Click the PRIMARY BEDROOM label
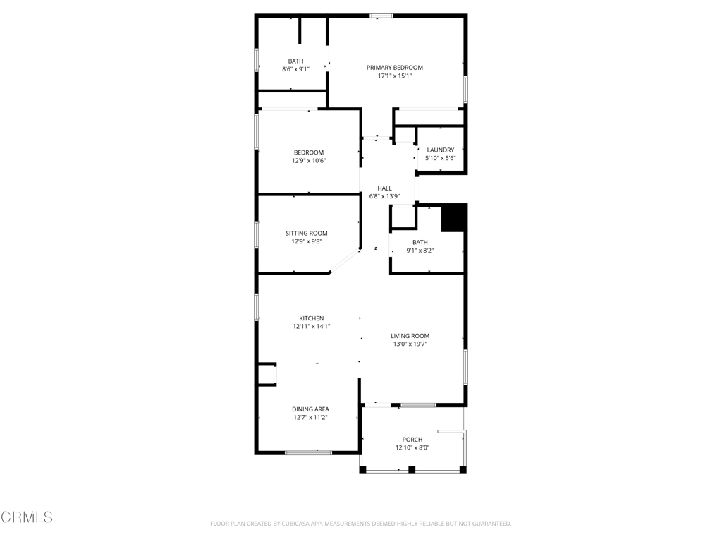[394, 68]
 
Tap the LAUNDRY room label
[441, 150]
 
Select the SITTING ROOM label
[306, 234]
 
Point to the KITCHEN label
[311, 318]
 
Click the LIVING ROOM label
[410, 336]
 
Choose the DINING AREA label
[310, 409]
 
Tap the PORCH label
[412, 440]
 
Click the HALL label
[384, 188]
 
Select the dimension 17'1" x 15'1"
[395, 76]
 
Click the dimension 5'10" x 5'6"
[441, 158]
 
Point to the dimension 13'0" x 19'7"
[410, 344]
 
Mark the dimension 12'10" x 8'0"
[412, 447]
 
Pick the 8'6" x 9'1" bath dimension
[295, 69]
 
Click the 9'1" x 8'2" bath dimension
[420, 251]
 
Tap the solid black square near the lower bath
[453, 218]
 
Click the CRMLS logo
[27, 517]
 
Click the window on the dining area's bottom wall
[308, 452]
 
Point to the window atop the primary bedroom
[382, 16]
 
